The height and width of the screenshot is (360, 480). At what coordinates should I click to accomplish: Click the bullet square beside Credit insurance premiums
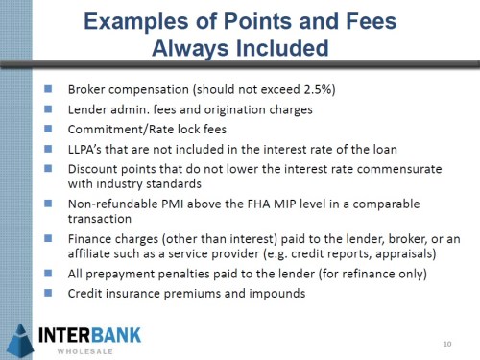tap(50, 293)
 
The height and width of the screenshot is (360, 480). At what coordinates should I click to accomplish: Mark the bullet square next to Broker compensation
tap(50, 89)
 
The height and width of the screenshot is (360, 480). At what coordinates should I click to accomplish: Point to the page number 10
tap(447, 344)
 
